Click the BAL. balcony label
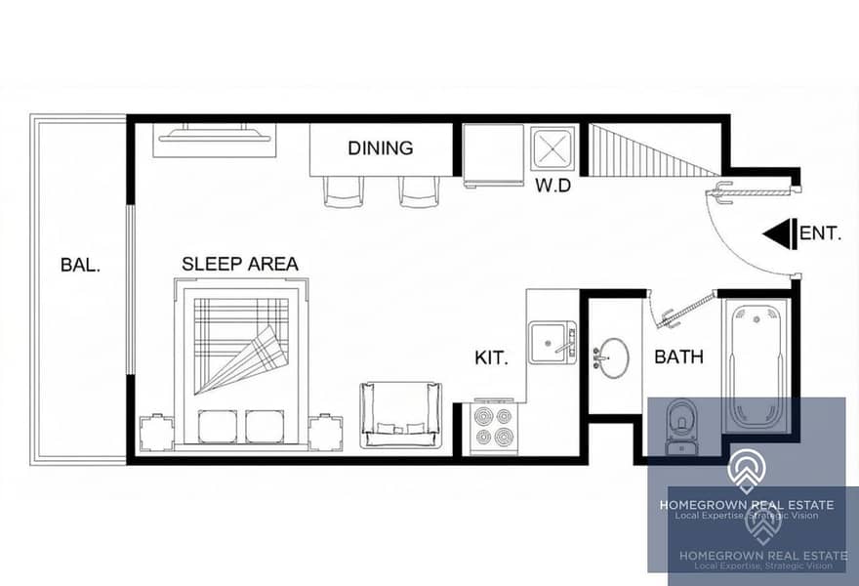pos(80,266)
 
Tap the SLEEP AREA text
pos(240,264)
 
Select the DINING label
pos(381,148)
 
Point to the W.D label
pos(552,186)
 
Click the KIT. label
pos(491,358)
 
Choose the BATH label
pos(678,356)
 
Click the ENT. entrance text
pos(820,233)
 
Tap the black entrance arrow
pos(779,234)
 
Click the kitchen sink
pos(552,342)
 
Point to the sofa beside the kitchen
pos(400,415)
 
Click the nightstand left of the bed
pos(157,433)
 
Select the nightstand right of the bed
pos(325,433)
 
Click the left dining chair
pos(343,191)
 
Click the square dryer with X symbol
pos(553,148)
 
